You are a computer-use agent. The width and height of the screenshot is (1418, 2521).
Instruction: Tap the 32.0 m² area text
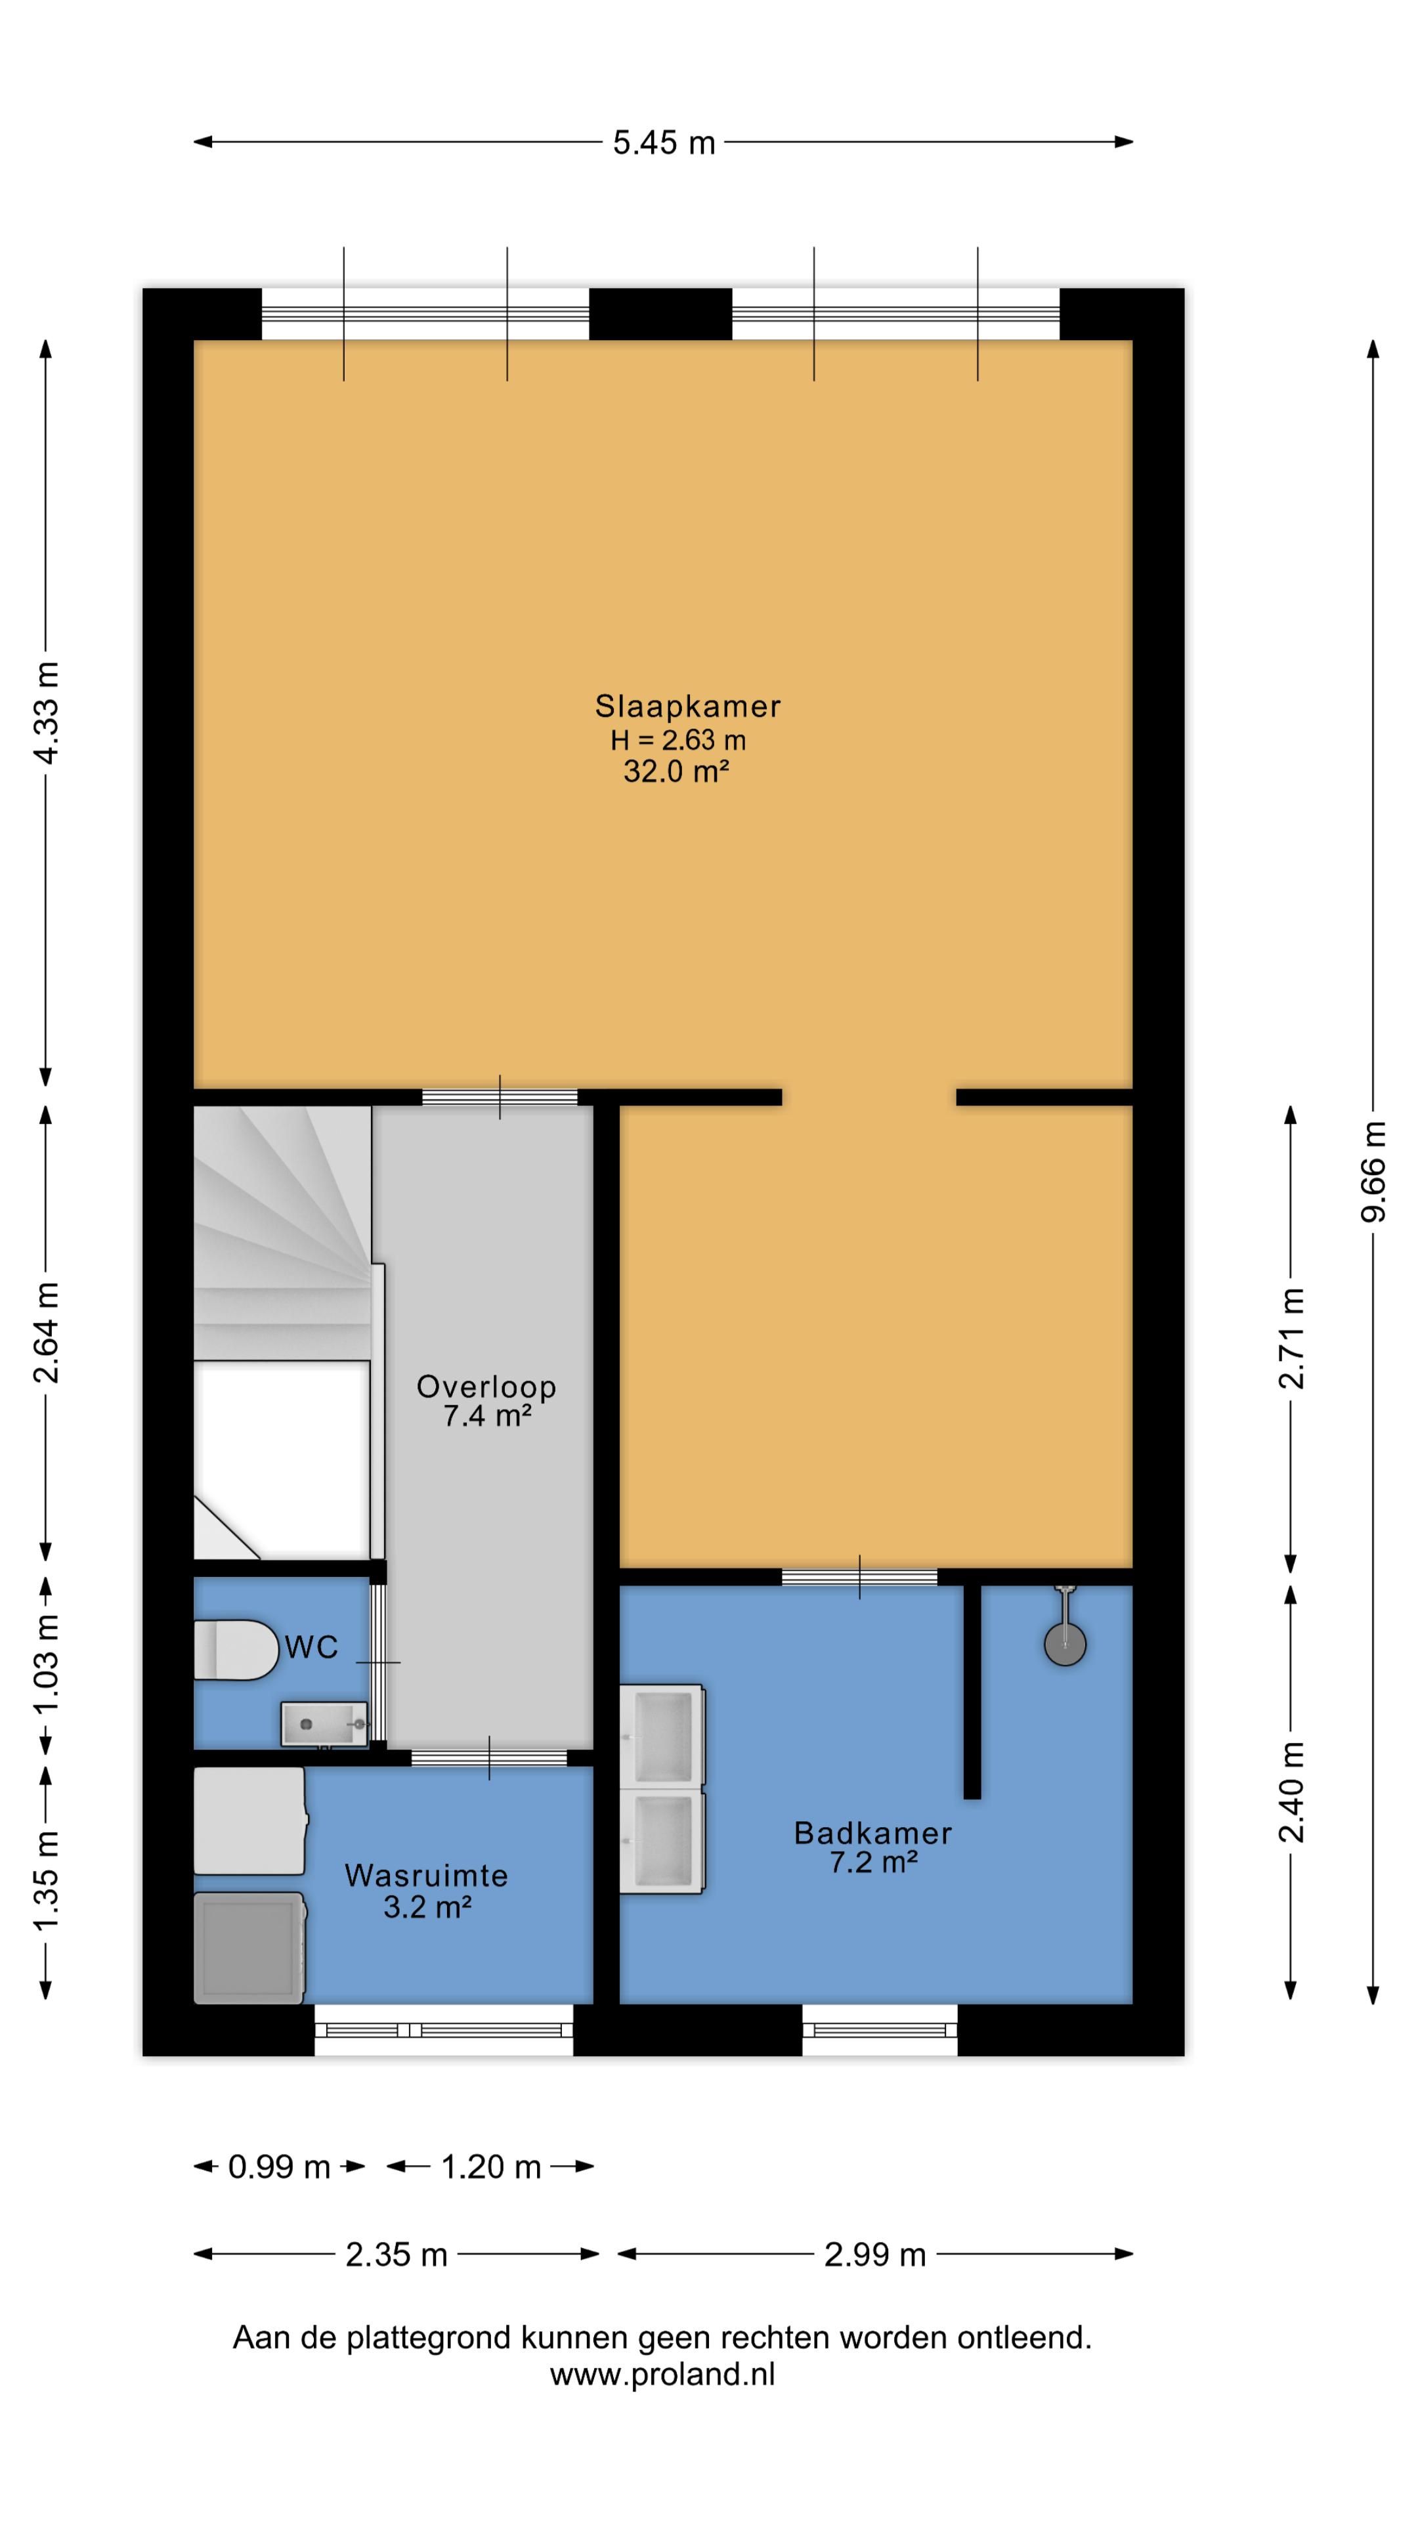click(676, 771)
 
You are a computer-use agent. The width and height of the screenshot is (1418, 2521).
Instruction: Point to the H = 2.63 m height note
click(678, 740)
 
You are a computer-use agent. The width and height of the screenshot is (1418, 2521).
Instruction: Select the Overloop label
click(486, 1387)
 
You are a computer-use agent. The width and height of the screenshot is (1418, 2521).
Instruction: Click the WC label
click(311, 1647)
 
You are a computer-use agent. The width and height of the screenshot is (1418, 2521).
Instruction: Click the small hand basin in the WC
click(324, 1723)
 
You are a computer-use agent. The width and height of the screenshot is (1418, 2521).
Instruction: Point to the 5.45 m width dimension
click(664, 143)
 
